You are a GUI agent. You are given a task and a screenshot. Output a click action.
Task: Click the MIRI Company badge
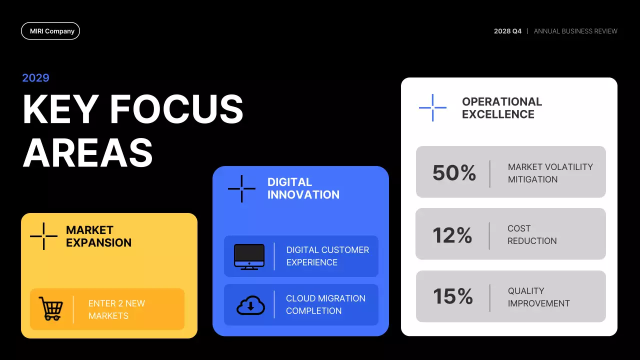50,31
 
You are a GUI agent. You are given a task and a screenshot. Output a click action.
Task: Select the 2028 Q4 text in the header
507,31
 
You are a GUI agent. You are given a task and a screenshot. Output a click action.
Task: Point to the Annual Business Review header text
575,31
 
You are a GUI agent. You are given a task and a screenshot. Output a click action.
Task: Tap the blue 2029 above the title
36,77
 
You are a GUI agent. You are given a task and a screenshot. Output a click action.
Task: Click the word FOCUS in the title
176,109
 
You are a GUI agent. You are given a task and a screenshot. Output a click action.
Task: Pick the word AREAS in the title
87,152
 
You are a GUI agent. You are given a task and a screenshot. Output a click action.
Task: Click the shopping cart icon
51,309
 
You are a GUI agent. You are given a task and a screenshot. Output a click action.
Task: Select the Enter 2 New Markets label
116,309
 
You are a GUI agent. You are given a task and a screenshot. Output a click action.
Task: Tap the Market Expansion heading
98,236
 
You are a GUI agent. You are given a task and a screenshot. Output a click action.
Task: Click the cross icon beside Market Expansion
43,236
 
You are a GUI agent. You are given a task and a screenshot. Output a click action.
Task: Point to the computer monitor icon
249,256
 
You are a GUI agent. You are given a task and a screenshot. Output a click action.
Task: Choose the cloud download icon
250,304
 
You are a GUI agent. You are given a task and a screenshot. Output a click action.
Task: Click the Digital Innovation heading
303,188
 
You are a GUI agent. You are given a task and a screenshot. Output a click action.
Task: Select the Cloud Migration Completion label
325,304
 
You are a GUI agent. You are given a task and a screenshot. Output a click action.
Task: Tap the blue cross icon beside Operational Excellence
432,107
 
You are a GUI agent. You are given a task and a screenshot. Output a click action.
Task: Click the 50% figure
454,173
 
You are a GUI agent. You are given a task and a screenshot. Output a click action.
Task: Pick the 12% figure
452,235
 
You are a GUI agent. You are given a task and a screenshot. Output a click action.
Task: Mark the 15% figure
452,296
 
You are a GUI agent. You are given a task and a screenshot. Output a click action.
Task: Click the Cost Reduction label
532,234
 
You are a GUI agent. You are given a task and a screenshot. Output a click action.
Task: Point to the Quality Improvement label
538,297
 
